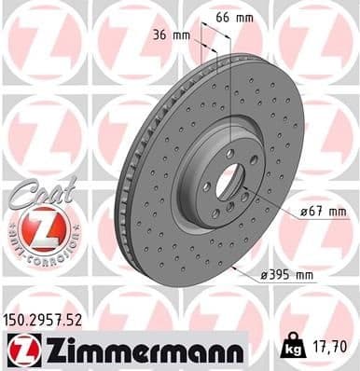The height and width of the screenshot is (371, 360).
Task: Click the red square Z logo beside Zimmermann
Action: (x=21, y=352)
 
